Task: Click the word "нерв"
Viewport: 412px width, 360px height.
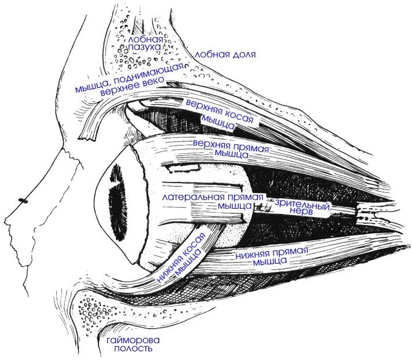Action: (x=303, y=213)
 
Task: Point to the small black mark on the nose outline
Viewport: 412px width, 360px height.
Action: (x=23, y=200)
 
